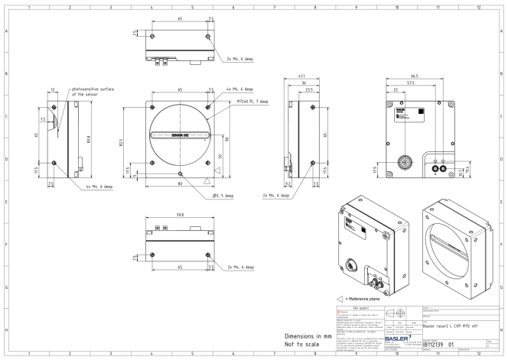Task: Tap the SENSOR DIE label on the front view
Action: point(181,133)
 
